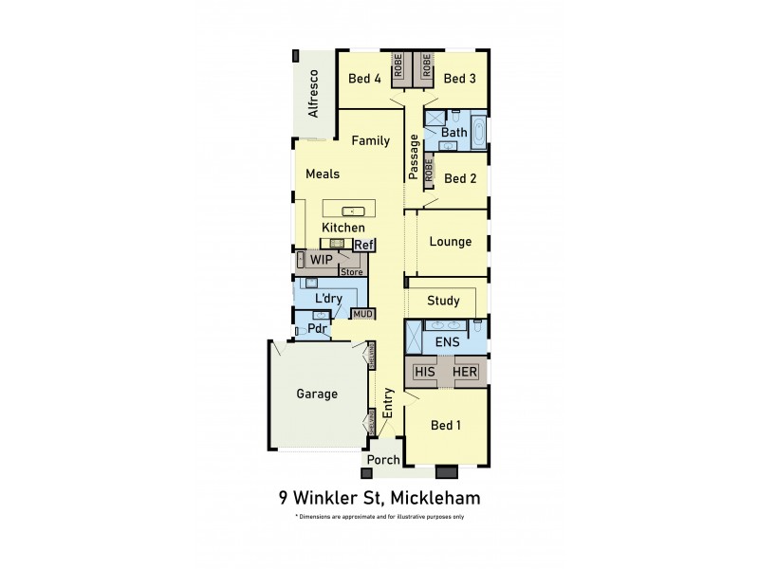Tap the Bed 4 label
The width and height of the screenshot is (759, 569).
[x=364, y=79]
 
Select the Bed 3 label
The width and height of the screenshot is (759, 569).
[x=459, y=79]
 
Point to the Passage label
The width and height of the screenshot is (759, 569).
[x=414, y=157]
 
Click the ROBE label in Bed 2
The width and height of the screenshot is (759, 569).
[x=429, y=171]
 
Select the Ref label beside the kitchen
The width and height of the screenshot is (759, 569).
[x=365, y=245]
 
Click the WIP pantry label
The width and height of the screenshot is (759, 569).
[x=321, y=258]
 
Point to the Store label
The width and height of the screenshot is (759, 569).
[x=352, y=272]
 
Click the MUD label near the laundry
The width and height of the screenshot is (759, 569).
[x=363, y=313]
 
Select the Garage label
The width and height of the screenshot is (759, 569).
[x=317, y=394]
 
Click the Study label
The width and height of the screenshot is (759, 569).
[x=443, y=302]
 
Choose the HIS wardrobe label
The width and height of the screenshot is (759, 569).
[x=425, y=372]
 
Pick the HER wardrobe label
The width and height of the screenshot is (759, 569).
[x=465, y=372]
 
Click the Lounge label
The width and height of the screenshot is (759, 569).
[x=450, y=242]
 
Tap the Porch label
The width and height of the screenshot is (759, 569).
[x=382, y=460]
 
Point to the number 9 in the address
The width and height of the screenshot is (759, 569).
[x=283, y=496]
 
